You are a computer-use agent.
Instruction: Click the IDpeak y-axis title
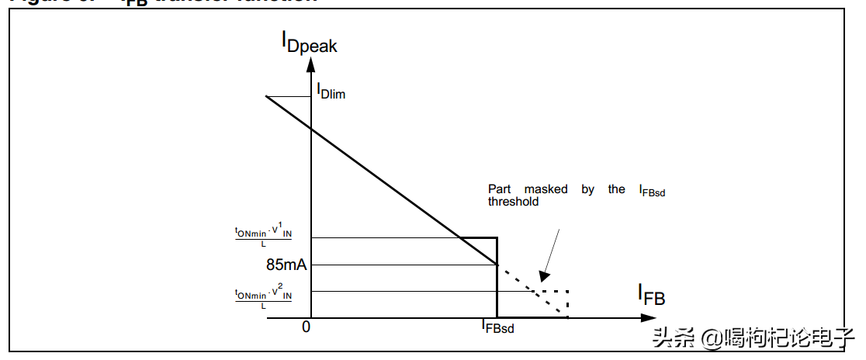click(309, 43)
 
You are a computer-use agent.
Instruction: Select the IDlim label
click(331, 91)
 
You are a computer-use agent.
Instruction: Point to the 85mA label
click(286, 265)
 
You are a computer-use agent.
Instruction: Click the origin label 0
click(306, 327)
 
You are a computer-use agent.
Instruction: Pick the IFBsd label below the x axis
click(497, 327)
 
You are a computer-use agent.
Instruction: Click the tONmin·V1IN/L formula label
click(263, 236)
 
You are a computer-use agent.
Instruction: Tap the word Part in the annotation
click(501, 189)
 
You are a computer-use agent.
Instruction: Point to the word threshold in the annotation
click(513, 201)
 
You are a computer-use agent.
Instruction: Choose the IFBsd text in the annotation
click(652, 190)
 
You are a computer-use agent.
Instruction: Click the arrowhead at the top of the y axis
click(310, 65)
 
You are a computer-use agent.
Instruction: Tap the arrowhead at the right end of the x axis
click(646, 317)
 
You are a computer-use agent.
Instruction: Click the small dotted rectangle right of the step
click(556, 299)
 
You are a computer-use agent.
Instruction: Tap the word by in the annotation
click(587, 189)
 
